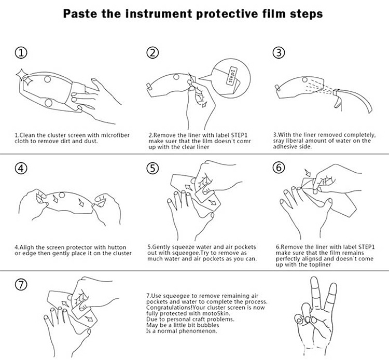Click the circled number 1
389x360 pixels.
coord(21,53)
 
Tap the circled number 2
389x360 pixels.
coord(152,52)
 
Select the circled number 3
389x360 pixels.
coord(279,52)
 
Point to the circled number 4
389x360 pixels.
coord(21,169)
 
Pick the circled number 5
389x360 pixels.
coord(152,168)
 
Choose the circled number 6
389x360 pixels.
coord(279,168)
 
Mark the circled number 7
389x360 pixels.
coord(21,284)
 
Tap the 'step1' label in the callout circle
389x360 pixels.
coord(232,75)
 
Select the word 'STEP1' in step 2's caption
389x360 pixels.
coord(239,135)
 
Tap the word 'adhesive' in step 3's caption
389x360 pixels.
coord(284,147)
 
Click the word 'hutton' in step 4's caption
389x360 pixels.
coord(117,247)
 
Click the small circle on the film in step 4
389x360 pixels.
coord(62,195)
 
